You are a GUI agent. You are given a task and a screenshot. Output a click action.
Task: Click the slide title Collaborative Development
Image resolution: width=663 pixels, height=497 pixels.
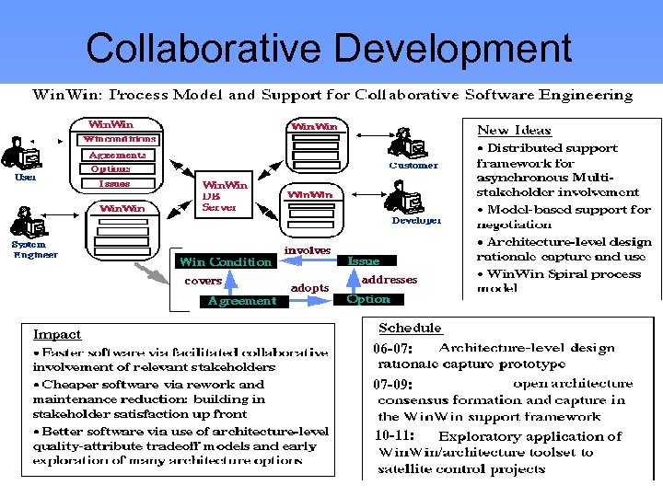click(329, 48)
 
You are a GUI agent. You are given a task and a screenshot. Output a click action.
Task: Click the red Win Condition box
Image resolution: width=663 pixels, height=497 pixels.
click(226, 261)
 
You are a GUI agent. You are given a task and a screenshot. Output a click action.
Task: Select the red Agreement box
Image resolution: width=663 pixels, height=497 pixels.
click(241, 301)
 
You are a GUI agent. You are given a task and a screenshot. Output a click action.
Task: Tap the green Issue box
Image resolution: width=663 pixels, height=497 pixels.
click(364, 261)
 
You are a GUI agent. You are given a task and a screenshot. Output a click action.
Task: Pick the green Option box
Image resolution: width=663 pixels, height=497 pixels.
click(367, 299)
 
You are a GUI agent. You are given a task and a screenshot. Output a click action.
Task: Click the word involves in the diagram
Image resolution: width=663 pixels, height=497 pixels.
click(308, 250)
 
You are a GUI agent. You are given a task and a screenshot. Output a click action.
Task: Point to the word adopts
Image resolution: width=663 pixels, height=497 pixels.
click(309, 288)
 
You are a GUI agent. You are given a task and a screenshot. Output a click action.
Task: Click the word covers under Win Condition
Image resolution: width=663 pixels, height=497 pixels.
click(203, 281)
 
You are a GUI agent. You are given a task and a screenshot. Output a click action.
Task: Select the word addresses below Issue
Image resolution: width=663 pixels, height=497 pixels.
click(390, 279)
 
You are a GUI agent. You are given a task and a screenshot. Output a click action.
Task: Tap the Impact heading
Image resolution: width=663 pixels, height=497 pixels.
click(57, 334)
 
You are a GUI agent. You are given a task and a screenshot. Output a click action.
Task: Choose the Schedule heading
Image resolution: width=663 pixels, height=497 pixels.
click(410, 328)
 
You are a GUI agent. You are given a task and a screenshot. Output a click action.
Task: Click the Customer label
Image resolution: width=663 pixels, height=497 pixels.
click(413, 166)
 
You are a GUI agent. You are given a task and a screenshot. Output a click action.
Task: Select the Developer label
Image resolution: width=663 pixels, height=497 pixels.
click(416, 220)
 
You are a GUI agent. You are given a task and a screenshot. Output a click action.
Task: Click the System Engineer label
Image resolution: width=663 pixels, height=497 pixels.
click(35, 249)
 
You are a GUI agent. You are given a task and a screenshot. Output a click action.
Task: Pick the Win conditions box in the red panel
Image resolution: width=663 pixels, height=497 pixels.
click(120, 139)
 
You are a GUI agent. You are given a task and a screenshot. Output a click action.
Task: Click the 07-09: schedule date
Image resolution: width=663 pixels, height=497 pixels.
click(393, 384)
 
